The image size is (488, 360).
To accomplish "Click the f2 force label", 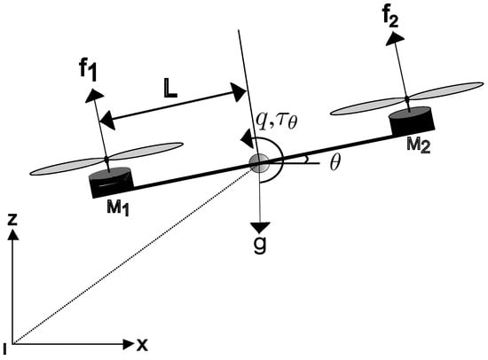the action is point(390,18).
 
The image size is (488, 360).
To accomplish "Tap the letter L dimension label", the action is point(170,90).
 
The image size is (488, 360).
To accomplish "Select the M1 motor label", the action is point(118,207).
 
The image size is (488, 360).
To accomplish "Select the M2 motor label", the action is point(419,145).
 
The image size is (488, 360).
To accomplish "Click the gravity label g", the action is point(260,244).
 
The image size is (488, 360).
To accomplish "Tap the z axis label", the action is point(12,219).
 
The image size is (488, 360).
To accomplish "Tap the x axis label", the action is point(142,345).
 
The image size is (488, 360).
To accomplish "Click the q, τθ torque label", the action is point(276,120).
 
